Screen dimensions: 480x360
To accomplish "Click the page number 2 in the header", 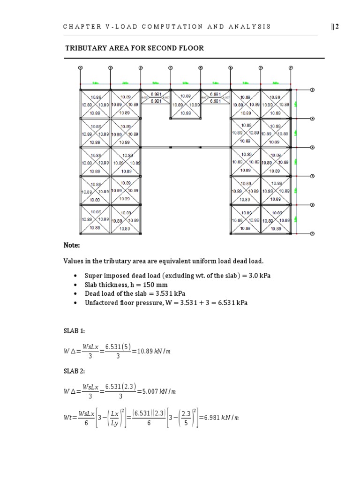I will click(336, 26).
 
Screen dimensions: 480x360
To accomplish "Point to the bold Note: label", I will click(72, 246).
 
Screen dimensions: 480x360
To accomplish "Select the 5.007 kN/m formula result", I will click(154, 391).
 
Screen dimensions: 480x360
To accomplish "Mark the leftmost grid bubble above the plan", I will click(81, 68).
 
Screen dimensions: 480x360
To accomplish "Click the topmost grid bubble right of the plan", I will click(312, 90).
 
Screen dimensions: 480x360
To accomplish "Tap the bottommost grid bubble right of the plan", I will click(312, 233).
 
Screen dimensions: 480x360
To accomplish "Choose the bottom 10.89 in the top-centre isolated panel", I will click(186, 113).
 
